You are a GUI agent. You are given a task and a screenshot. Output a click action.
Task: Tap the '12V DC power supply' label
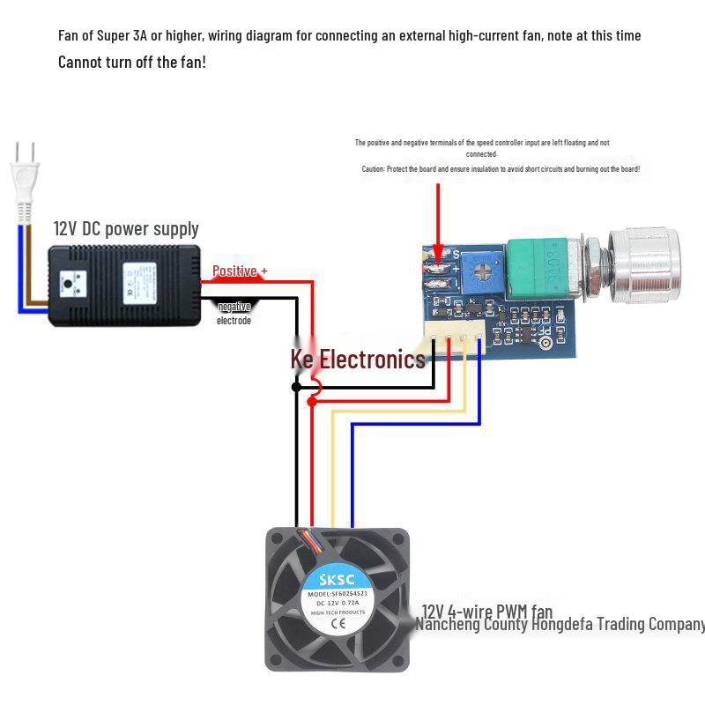(x=126, y=228)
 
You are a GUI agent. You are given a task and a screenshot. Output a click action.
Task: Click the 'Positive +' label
(x=240, y=271)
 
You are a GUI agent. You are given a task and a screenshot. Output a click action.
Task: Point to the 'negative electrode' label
(x=234, y=313)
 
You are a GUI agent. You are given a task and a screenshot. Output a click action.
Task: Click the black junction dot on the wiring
(x=296, y=387)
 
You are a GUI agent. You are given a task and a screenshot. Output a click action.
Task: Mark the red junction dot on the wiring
(x=312, y=401)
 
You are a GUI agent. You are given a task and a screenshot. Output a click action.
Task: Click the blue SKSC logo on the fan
(x=338, y=579)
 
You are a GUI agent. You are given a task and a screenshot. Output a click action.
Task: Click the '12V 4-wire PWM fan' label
(x=486, y=611)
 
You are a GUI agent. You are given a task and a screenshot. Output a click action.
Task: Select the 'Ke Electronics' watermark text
(x=358, y=359)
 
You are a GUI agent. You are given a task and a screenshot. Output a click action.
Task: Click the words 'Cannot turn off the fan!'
(x=132, y=62)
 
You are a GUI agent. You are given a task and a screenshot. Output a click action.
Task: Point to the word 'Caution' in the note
(x=374, y=168)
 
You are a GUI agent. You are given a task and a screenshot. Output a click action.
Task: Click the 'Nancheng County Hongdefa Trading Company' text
(x=560, y=625)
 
